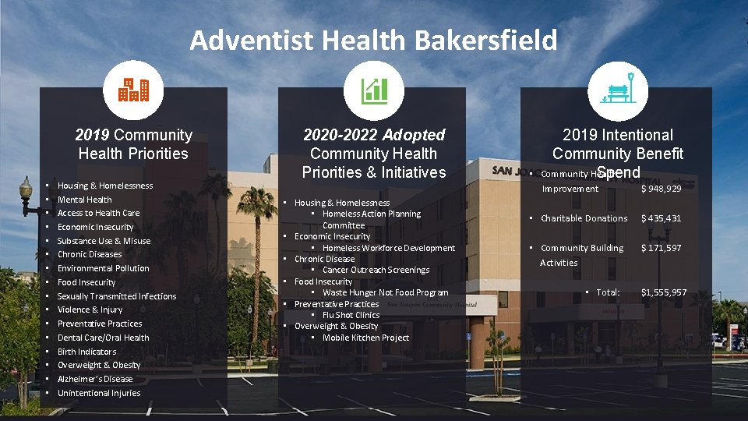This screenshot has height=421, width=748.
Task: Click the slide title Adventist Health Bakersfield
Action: coord(373,40)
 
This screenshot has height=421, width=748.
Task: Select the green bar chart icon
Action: coord(374,91)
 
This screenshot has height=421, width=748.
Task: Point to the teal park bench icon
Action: coord(618,90)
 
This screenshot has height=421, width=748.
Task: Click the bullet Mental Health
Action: coord(84,200)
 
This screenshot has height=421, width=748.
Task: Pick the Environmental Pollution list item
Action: coord(103,268)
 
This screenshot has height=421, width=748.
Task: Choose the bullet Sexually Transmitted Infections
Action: coord(117,296)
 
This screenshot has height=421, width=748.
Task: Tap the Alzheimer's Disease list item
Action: coord(95,379)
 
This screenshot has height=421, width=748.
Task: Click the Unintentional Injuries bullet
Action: coord(99,393)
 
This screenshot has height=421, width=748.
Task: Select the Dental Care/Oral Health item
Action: coord(103,338)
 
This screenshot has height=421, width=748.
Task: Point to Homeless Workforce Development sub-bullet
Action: coord(389,248)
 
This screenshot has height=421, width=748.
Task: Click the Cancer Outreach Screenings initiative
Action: coord(376,270)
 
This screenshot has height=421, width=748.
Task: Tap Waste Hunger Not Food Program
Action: coord(385,292)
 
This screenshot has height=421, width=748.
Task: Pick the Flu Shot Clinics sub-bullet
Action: coord(351,315)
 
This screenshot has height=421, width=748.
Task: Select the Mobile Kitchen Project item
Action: coord(365,338)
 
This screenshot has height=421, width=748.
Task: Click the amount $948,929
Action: coord(661,189)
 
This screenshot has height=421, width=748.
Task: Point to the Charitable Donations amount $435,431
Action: coord(661,218)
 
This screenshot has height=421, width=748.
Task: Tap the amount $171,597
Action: coord(661,248)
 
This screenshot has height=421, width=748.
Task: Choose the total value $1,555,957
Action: coord(663,292)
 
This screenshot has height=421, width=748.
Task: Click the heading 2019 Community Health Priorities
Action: coord(133,144)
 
